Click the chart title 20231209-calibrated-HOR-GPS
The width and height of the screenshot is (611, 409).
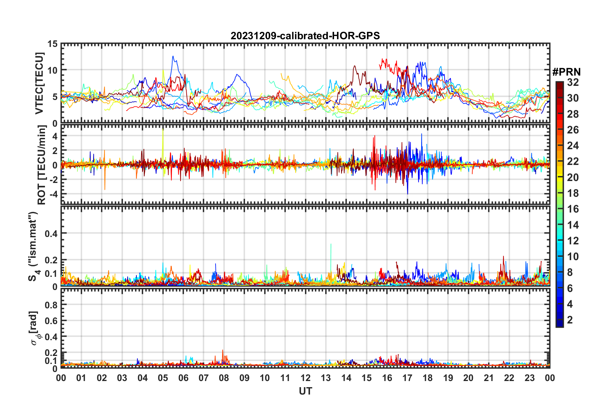tap(305, 36)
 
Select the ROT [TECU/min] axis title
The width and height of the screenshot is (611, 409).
tap(42, 165)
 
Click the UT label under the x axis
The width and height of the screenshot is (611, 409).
tap(305, 391)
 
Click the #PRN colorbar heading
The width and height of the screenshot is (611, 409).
tap(566, 72)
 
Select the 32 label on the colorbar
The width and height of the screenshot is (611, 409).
tap(573, 82)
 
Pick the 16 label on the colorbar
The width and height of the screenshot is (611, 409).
tap(573, 209)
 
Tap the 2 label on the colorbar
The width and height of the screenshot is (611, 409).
tap(570, 320)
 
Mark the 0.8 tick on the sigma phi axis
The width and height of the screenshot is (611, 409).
tap(51, 304)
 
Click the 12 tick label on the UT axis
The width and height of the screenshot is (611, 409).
tap(305, 378)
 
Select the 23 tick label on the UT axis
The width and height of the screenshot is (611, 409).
tap(529, 378)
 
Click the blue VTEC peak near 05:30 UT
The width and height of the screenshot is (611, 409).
tap(173, 57)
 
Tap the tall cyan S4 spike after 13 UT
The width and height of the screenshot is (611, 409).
tap(331, 244)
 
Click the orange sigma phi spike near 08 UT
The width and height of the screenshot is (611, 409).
tap(222, 350)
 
